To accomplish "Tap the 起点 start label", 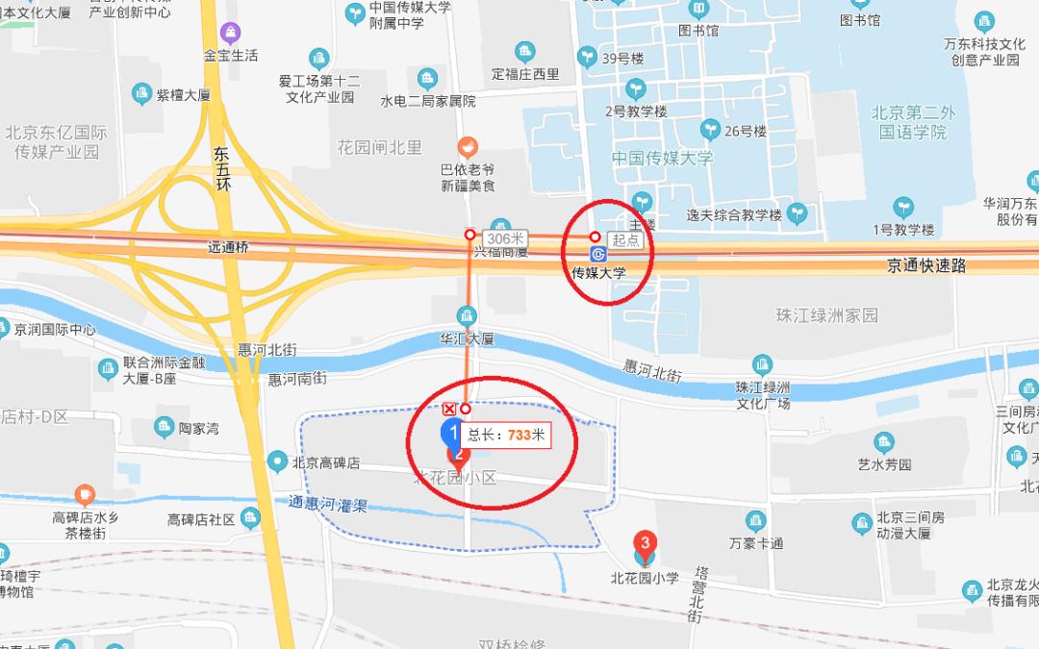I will tap(625, 238).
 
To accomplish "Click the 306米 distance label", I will tap(505, 237).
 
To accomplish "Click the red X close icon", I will tap(448, 410).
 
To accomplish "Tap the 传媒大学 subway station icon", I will tap(597, 254).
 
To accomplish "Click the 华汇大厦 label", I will tap(467, 338).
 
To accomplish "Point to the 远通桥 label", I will tap(228, 247).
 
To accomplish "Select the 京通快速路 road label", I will tap(926, 266).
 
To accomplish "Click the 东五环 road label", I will tap(222, 168).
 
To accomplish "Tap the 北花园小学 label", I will tap(645, 578).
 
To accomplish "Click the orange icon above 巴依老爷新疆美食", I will tap(468, 147).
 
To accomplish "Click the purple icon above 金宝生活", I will tap(230, 34).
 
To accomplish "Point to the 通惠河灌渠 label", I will tap(328, 504).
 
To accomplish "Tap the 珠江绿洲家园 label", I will tap(827, 315).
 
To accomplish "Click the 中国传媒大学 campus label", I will tap(664, 159).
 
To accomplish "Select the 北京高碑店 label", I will tap(325, 462).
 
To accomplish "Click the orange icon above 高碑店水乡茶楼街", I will tap(86, 495).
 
